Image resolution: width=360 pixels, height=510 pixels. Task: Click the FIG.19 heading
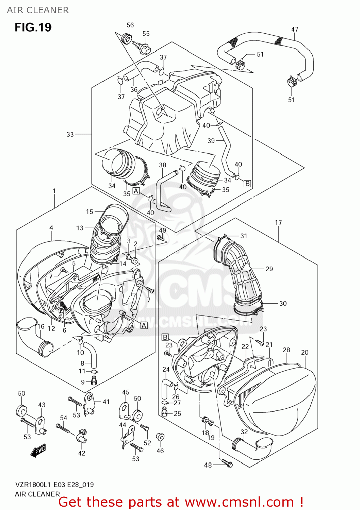pyautogui.click(x=33, y=27)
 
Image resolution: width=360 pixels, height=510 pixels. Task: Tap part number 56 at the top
pyautogui.click(x=130, y=25)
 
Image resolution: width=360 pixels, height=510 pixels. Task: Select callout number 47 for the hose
pyautogui.click(x=295, y=30)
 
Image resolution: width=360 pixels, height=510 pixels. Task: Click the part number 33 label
pyautogui.click(x=70, y=134)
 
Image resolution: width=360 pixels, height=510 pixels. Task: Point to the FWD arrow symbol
pyautogui.click(x=38, y=451)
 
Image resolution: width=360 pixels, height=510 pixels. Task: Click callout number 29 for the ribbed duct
pyautogui.click(x=269, y=269)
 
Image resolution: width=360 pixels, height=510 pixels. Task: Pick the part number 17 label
pyautogui.click(x=278, y=223)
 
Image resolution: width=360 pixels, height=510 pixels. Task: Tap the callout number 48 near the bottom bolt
pyautogui.click(x=208, y=465)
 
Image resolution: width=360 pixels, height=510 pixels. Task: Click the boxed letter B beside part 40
pyautogui.click(x=247, y=184)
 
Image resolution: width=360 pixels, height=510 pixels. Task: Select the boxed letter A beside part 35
pyautogui.click(x=136, y=191)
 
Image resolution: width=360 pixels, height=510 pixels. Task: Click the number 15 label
pyautogui.click(x=89, y=212)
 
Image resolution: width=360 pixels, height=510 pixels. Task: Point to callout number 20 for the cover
pyautogui.click(x=305, y=353)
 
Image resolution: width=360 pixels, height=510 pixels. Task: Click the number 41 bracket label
pyautogui.click(x=106, y=402)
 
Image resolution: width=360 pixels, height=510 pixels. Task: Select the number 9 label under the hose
pyautogui.click(x=83, y=382)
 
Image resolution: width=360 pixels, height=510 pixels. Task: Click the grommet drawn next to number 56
pyautogui.click(x=127, y=38)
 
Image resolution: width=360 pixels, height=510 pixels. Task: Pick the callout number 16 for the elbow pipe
pyautogui.click(x=41, y=326)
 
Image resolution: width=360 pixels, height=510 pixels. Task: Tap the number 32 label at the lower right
pyautogui.click(x=244, y=432)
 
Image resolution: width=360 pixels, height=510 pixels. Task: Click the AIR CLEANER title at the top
pyautogui.click(x=38, y=10)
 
